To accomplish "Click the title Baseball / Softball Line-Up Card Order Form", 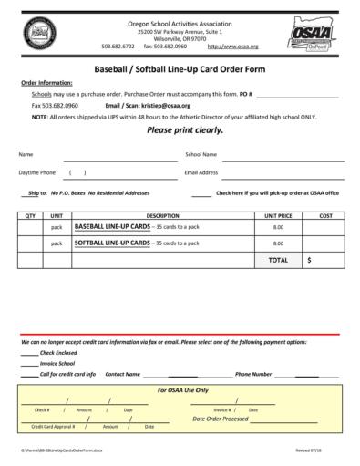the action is click(x=180, y=68).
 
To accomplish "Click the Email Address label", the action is click(x=201, y=172).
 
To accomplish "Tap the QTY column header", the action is click(x=30, y=215).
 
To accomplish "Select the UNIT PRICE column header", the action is click(x=278, y=215).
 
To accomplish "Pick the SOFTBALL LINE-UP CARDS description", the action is click(x=112, y=243).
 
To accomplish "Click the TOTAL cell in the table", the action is click(x=278, y=260).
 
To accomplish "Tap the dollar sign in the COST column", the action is click(x=310, y=260).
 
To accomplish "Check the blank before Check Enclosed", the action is click(x=29, y=352).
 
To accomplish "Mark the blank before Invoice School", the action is click(x=29, y=363).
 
